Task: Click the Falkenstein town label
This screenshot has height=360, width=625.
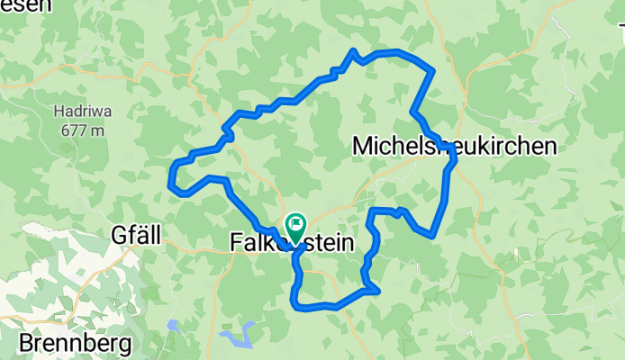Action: [290, 243]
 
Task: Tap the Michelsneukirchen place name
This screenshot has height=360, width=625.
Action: [454, 146]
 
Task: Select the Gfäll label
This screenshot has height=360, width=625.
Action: [136, 236]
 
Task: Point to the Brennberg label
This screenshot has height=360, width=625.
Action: [75, 343]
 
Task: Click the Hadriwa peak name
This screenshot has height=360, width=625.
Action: [79, 112]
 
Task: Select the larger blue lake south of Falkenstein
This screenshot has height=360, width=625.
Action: [237, 339]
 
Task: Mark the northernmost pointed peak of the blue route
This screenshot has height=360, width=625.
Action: [355, 50]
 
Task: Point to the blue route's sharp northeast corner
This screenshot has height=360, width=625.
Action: [434, 69]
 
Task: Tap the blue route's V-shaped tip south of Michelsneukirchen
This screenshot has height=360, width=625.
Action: [433, 236]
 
